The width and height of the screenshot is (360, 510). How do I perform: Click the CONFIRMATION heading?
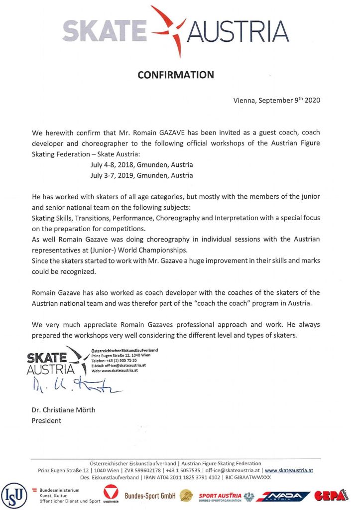tap(175, 75)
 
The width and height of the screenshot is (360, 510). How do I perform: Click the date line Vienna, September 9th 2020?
tap(276, 100)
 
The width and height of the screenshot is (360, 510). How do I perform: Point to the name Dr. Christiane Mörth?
tap(60, 410)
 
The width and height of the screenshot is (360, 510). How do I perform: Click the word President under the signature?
tap(46, 420)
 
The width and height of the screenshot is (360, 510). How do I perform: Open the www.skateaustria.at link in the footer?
tap(289, 470)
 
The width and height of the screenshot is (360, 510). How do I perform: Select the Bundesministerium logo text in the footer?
tap(62, 496)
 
